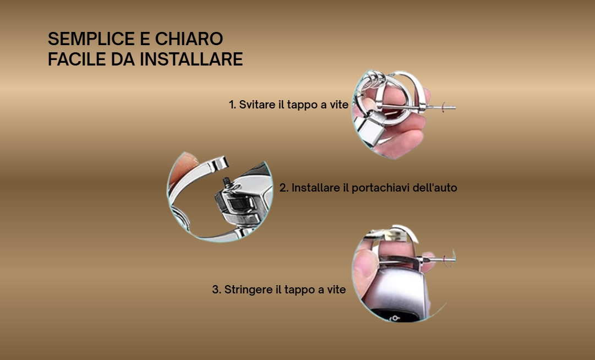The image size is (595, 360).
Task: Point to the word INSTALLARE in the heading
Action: (x=191, y=59)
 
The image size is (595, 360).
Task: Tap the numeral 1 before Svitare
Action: (x=232, y=105)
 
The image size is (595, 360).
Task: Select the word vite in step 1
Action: (x=339, y=105)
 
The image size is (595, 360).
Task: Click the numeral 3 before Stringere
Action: (x=216, y=290)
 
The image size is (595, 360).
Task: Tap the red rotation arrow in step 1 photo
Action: (x=443, y=108)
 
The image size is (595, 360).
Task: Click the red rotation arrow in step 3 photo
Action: (x=448, y=260)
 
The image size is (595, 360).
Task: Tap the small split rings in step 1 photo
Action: (x=374, y=80)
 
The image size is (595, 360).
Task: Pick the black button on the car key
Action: (x=391, y=316)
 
